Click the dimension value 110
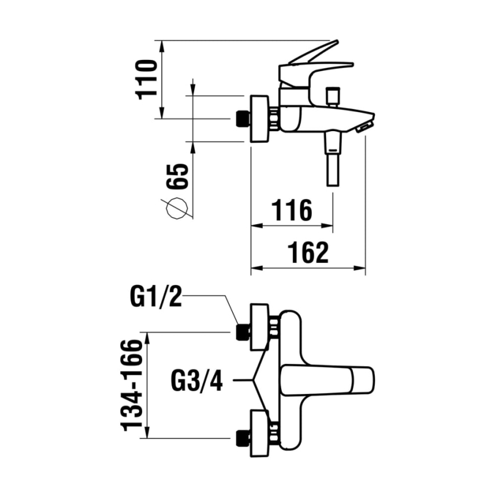(147, 78)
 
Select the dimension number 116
(291, 210)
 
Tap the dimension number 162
(308, 253)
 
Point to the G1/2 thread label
(156, 297)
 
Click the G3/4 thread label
(197, 380)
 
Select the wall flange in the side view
(260, 119)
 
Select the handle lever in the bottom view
(327, 379)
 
